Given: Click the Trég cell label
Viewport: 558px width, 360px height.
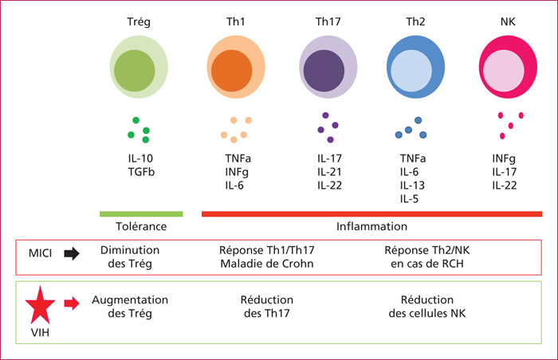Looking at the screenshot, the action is (x=139, y=22).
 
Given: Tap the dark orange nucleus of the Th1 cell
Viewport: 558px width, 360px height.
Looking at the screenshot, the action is (x=232, y=71).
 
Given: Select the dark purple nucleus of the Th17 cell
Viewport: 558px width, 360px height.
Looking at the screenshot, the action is (x=324, y=71).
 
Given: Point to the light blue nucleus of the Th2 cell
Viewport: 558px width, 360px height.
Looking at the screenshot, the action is (x=411, y=71).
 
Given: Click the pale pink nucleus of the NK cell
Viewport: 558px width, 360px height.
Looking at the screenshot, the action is (x=504, y=71).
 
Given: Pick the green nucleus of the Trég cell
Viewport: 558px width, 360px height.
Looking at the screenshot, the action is (x=135, y=71).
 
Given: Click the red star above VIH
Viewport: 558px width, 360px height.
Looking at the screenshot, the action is (x=40, y=305).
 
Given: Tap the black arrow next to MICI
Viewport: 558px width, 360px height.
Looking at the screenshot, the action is (x=72, y=253).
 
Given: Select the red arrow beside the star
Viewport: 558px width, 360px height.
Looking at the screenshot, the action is (x=72, y=303).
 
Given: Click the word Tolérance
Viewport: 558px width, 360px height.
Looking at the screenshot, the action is (x=141, y=226).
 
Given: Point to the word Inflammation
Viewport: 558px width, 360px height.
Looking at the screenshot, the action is (x=372, y=226).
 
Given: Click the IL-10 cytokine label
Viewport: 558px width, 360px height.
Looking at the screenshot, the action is (x=140, y=158).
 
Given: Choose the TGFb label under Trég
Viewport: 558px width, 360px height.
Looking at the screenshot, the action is (x=141, y=172).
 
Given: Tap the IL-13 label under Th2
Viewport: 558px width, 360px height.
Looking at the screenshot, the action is (x=412, y=186).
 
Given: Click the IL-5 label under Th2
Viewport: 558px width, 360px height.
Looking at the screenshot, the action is (x=409, y=199).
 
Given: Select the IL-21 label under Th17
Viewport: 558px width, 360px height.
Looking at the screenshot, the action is (x=329, y=172).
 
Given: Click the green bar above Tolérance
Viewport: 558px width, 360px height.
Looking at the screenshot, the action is (x=141, y=213).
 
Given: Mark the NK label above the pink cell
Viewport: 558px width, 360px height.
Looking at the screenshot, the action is (x=508, y=22).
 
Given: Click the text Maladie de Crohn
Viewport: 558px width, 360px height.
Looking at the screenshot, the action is (x=267, y=264).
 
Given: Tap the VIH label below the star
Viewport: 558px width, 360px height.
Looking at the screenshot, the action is (x=40, y=333).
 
